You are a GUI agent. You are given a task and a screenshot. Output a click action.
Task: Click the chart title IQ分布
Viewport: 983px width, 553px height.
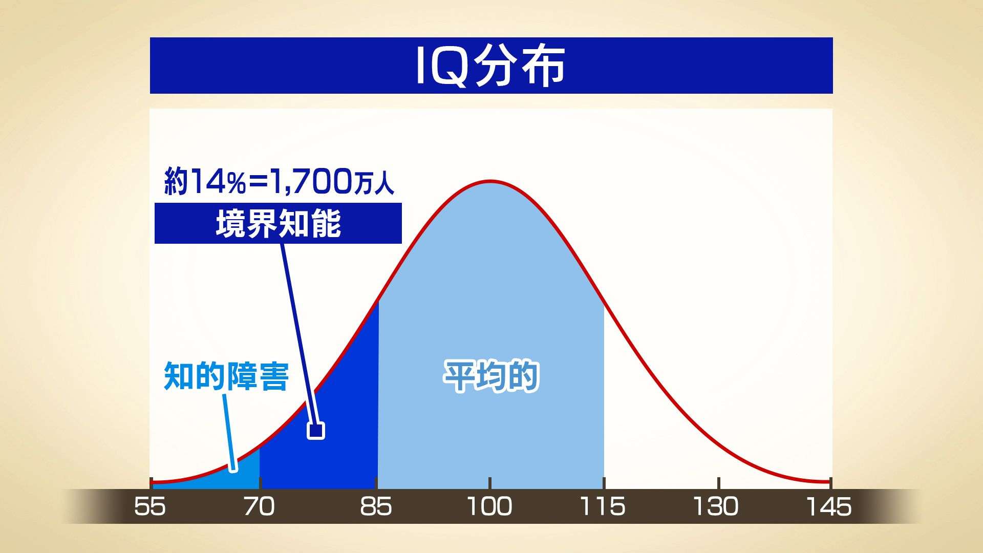pyautogui.click(x=490, y=66)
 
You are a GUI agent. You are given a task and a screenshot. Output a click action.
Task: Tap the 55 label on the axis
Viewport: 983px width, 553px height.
pyautogui.click(x=150, y=506)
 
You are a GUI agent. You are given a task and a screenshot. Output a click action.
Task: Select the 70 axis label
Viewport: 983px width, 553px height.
pyautogui.click(x=260, y=506)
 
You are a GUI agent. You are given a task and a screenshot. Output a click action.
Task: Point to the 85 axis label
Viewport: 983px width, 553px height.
pyautogui.click(x=376, y=506)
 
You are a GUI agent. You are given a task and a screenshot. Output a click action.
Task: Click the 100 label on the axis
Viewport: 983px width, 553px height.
pyautogui.click(x=490, y=506)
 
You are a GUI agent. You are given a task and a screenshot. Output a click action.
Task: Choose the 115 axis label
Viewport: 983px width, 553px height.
pyautogui.click(x=603, y=506)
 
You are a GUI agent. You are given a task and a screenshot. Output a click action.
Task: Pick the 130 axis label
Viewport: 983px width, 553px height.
pyautogui.click(x=716, y=506)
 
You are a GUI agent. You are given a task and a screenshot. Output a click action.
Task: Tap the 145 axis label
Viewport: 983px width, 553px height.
pyautogui.click(x=829, y=506)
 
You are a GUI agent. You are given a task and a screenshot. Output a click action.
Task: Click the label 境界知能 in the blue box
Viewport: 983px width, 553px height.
pyautogui.click(x=279, y=224)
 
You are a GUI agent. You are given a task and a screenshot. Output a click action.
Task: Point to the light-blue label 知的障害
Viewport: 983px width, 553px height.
pyautogui.click(x=226, y=376)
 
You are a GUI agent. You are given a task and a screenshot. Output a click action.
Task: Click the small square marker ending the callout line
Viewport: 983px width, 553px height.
pyautogui.click(x=316, y=431)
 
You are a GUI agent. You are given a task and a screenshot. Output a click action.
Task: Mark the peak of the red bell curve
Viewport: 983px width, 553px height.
pyautogui.click(x=490, y=181)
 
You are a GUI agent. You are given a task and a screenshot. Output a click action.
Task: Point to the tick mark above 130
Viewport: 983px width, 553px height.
pyautogui.click(x=719, y=483)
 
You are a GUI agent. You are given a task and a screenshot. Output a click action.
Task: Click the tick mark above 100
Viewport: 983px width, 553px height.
pyautogui.click(x=490, y=483)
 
